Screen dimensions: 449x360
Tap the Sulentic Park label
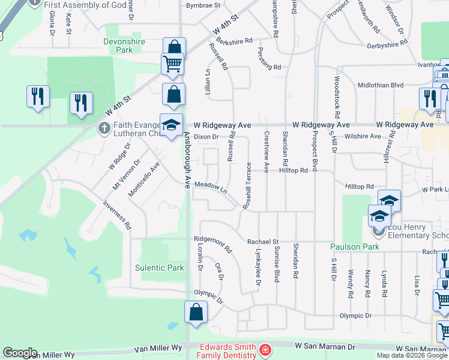[159, 268]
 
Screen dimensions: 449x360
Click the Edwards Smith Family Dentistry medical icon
[264, 349]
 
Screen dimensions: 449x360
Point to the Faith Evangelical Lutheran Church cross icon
[104, 128]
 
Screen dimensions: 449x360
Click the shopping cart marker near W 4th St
[172, 63]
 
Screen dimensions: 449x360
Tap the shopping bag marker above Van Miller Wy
[196, 313]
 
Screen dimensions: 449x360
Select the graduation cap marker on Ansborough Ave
[171, 125]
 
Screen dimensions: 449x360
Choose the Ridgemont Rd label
[212, 244]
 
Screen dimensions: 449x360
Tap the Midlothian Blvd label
[381, 85]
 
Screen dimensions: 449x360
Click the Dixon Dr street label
[206, 137]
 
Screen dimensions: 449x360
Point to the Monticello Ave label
[143, 179]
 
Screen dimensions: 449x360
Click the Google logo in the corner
[20, 353]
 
